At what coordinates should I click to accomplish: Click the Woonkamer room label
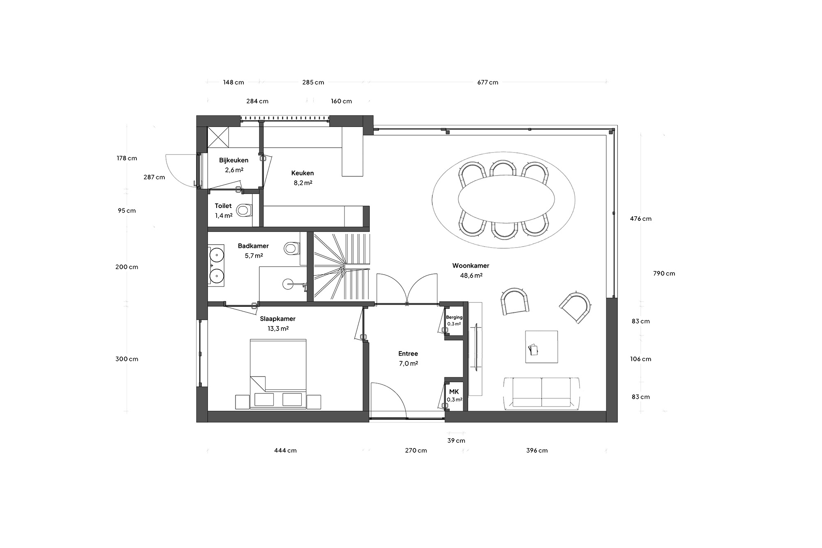[x=471, y=266]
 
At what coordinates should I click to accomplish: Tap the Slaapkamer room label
[x=277, y=319]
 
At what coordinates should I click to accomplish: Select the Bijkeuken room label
[x=233, y=160]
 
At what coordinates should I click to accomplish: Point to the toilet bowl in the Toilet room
[x=244, y=210]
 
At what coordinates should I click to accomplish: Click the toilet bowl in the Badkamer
[x=291, y=248]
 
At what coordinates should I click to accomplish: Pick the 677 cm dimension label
[x=488, y=82]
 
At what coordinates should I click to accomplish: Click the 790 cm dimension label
[x=664, y=273]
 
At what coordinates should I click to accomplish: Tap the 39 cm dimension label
[x=456, y=441]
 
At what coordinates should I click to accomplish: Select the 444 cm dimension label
[x=285, y=451]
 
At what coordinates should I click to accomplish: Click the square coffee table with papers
[x=542, y=347]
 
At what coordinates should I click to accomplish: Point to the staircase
[x=342, y=267]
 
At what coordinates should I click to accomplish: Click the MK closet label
[x=454, y=392]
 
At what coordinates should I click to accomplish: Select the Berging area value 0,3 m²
[x=454, y=324]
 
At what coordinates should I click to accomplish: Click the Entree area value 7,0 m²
[x=408, y=363]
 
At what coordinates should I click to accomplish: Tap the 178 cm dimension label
[x=127, y=158]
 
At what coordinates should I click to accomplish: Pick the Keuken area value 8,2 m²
[x=303, y=183]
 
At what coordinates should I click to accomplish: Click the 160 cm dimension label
[x=342, y=101]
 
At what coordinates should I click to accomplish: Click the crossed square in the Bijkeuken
[x=218, y=137]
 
